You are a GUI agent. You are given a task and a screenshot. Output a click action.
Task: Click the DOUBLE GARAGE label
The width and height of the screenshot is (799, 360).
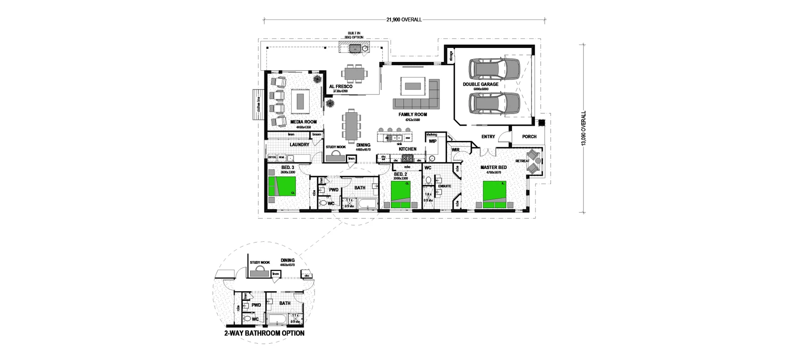point(480,84)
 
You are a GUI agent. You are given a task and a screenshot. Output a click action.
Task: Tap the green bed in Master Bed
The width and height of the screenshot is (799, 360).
point(494,194)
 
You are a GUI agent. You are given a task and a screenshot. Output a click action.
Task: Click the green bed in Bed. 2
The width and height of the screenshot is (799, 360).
point(400,194)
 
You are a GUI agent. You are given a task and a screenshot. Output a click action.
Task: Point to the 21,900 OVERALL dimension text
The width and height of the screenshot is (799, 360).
point(404,20)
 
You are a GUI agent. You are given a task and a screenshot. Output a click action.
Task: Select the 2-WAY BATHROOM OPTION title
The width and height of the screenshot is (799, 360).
point(264,333)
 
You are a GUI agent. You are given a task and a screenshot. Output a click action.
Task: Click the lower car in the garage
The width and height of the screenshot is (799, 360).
point(494,103)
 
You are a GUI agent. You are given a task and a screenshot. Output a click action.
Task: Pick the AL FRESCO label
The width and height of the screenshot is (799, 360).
point(340,87)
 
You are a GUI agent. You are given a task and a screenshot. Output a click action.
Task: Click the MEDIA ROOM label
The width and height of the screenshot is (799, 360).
point(303,122)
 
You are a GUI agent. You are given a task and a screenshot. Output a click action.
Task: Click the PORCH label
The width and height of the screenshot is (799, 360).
point(529,137)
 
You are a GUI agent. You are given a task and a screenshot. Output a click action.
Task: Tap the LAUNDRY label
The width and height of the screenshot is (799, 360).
point(299,145)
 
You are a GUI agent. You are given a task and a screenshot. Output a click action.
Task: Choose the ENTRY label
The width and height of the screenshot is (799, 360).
point(488,137)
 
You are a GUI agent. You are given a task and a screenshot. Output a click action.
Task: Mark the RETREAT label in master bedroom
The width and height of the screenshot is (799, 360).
point(522,161)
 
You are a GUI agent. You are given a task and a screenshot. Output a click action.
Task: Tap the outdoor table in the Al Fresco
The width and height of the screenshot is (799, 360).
point(355,74)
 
